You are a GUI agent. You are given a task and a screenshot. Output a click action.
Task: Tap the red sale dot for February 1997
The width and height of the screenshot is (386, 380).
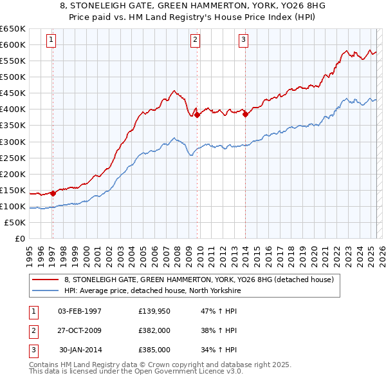click(53, 193)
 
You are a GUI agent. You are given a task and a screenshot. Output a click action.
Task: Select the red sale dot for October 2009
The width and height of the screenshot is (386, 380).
click(197, 115)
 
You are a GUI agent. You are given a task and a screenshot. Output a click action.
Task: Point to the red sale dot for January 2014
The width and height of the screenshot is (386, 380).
click(245, 114)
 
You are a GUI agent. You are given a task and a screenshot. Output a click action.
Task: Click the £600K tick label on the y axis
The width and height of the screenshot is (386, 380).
click(13, 44)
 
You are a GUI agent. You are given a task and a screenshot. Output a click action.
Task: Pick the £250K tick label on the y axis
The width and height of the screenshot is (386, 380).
click(13, 158)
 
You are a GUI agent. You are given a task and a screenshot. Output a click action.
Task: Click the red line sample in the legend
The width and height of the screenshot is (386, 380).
click(45, 280)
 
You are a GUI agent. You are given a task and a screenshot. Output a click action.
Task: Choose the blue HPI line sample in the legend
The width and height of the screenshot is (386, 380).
click(45, 290)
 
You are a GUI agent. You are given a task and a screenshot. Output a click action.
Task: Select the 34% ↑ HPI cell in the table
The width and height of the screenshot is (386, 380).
click(219, 350)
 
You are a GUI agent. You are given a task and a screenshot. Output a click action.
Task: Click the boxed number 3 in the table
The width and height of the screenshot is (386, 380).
click(32, 350)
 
